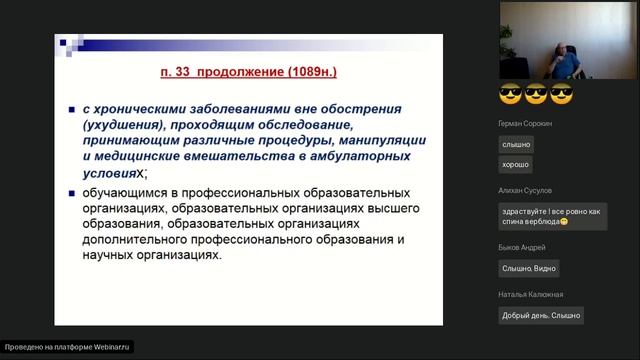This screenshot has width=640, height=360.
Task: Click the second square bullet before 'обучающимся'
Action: pos(73,194)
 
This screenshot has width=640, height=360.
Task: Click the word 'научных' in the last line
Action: pos(110,255)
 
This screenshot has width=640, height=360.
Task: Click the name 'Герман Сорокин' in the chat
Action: pos(523,124)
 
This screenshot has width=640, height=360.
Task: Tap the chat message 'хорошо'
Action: pos(516,164)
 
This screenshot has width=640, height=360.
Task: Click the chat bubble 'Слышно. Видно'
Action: pos(529,268)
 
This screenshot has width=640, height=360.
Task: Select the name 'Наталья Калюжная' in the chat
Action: pos(530,294)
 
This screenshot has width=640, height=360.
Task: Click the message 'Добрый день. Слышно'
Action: pos(541,315)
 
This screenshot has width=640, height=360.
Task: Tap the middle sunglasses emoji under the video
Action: pos(536,96)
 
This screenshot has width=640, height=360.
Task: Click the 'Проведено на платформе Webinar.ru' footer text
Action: pos(68,347)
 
